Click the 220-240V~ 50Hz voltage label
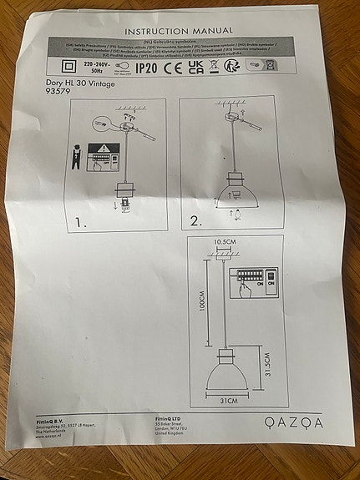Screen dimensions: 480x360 point(94,68)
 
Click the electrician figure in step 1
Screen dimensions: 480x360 point(77,159)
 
